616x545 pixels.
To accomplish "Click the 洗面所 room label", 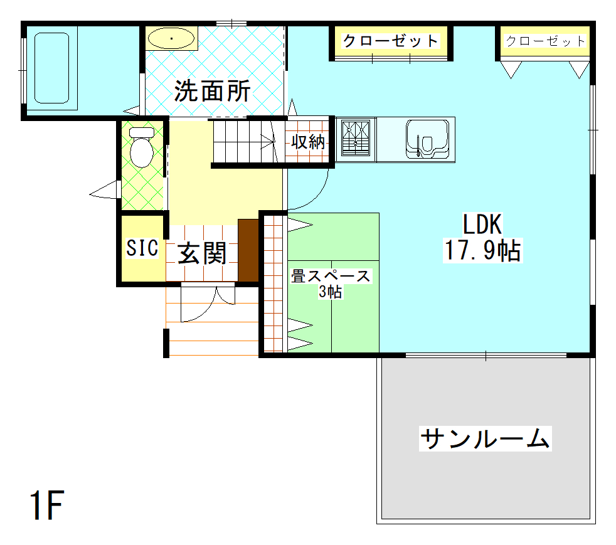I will [212, 92].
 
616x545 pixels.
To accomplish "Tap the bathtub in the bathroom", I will [51, 68].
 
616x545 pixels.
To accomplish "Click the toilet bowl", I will [141, 149].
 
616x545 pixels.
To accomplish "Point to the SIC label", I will [142, 248].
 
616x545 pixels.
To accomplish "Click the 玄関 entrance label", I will [202, 253].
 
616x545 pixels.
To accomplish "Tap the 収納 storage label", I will [307, 142].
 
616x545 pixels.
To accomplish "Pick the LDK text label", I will [482, 224].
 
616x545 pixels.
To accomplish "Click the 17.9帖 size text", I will [482, 251].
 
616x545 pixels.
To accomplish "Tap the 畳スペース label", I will [330, 276].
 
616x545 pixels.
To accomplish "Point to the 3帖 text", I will [330, 292].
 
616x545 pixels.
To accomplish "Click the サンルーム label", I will [484, 438].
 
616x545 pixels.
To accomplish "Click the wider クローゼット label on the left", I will [390, 41].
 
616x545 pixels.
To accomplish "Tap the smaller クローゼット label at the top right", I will [544, 41].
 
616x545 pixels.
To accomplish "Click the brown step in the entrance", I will [248, 250].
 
